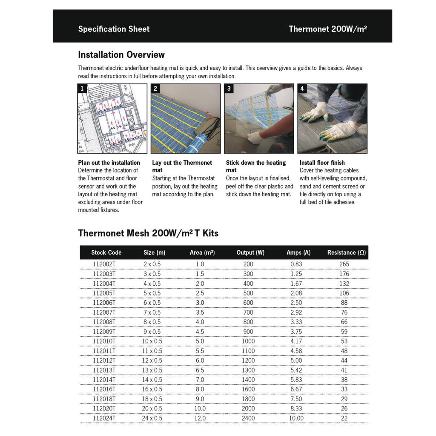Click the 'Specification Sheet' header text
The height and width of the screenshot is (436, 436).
tap(114, 29)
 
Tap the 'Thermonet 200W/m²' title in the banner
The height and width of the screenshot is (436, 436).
tap(328, 29)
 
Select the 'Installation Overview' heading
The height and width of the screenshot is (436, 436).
tap(121, 55)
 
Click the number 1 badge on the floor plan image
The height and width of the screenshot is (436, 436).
tap(81, 89)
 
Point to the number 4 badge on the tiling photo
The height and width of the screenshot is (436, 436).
tap(302, 89)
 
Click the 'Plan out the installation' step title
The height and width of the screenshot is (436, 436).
tap(109, 163)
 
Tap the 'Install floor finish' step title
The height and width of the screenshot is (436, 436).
tap(322, 163)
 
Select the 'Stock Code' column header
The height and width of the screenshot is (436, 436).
tap(106, 252)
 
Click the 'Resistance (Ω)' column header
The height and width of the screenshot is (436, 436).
tap(346, 252)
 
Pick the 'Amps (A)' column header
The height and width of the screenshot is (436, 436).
tap(298, 252)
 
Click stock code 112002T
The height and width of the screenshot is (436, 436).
tap(104, 264)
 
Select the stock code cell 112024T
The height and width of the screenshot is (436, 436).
tap(104, 418)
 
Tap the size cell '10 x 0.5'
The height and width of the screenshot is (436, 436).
tap(152, 341)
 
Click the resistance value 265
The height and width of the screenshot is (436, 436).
tap(344, 264)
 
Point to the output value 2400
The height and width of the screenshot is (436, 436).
tap(248, 418)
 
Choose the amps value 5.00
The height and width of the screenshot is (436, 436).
tap(296, 360)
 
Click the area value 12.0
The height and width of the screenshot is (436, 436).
tap(200, 418)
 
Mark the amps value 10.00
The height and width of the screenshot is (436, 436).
tap(296, 418)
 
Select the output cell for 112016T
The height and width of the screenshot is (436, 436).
tap(248, 389)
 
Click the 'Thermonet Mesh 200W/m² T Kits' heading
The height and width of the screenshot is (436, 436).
tap(148, 233)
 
